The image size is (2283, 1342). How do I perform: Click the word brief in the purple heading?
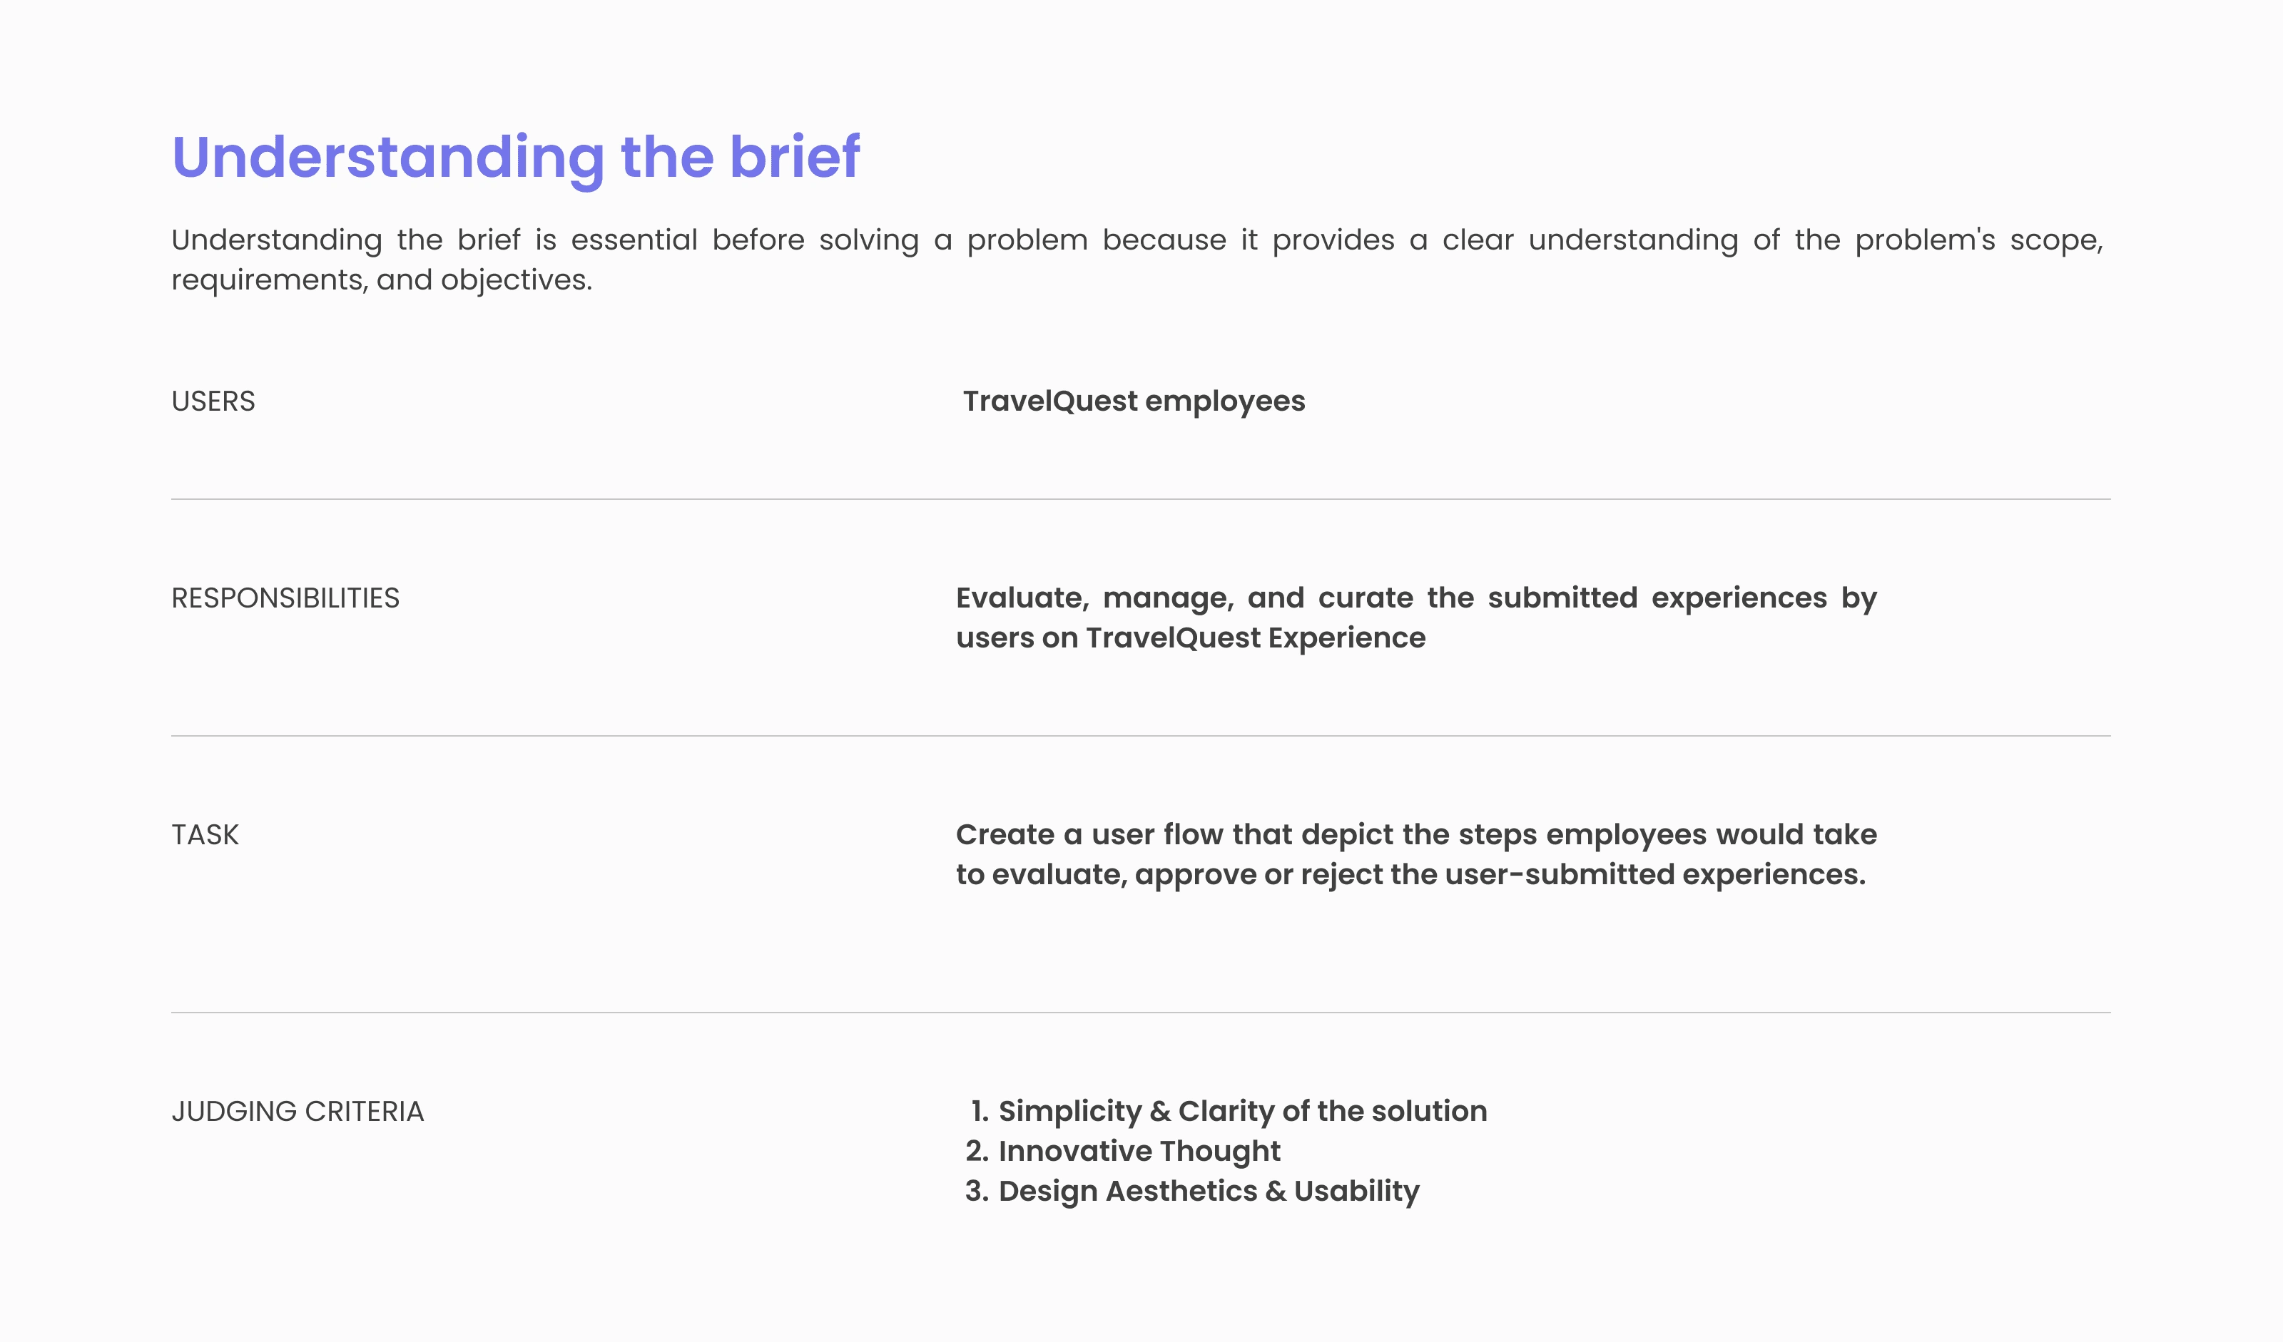coord(795,157)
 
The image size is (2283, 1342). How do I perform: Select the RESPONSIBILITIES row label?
coord(285,598)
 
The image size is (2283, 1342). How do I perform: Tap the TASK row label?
coord(205,834)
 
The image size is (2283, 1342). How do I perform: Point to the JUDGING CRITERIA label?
coord(298,1111)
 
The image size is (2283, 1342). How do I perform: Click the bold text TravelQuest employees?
coord(1134,401)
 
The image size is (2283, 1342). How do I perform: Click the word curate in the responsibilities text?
coord(1366,598)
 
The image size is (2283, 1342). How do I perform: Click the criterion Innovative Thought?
coord(1139,1151)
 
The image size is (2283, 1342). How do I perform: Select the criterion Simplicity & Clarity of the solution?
coord(1242,1111)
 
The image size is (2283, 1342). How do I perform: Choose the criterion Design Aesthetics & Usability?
coord(1209,1191)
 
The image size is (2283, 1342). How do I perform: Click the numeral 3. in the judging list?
coord(977,1191)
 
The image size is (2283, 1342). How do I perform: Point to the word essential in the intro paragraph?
coord(634,240)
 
